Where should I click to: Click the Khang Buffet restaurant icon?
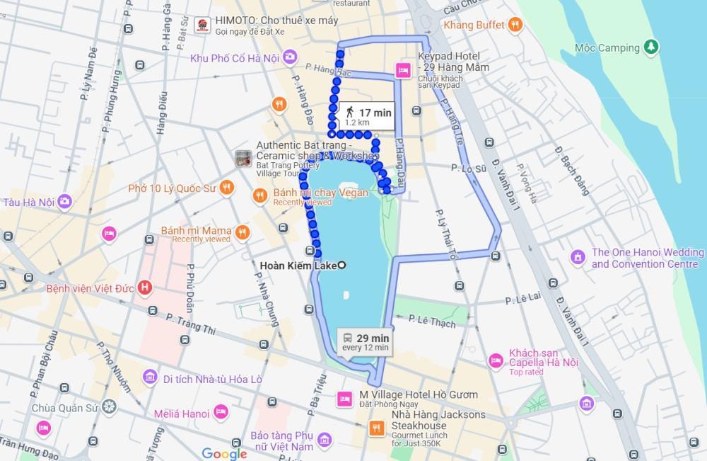(516, 25)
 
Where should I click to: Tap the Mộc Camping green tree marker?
(652, 47)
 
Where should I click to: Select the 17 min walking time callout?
(364, 116)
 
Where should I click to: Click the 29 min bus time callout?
(366, 341)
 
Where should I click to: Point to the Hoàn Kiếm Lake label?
(298, 266)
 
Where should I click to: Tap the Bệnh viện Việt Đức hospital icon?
(145, 288)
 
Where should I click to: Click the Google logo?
(224, 453)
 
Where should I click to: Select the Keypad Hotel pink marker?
(403, 70)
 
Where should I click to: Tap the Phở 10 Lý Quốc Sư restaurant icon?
(226, 188)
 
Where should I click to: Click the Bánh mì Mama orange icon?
(243, 232)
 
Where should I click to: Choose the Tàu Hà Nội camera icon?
(65, 202)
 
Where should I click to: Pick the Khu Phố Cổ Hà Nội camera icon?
(290, 57)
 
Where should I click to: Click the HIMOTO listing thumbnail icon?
(202, 25)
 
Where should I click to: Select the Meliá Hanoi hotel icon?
(220, 413)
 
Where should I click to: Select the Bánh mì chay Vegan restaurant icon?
(260, 195)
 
